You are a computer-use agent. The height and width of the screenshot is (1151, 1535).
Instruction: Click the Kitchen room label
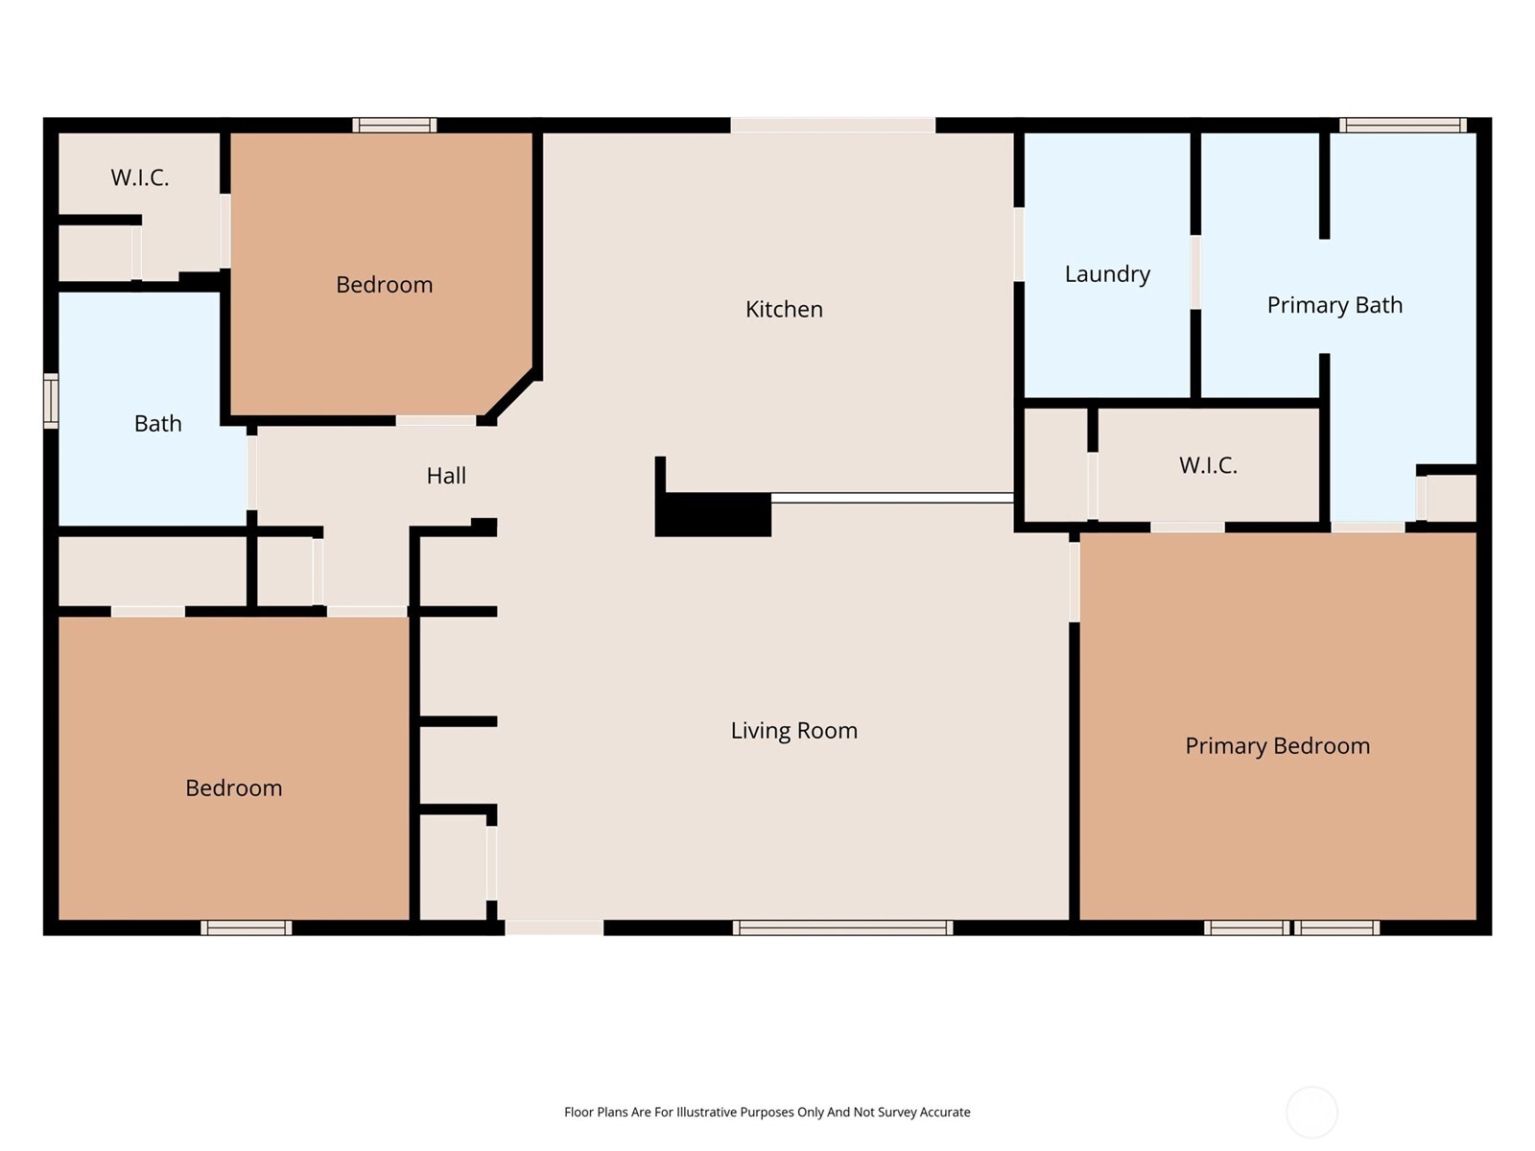(784, 309)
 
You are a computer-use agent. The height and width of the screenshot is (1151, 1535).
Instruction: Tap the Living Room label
(793, 730)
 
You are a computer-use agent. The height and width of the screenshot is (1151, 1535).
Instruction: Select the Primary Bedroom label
(1277, 745)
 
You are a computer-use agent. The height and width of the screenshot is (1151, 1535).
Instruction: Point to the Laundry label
(1107, 273)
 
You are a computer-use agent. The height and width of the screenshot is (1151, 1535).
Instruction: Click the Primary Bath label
(1334, 304)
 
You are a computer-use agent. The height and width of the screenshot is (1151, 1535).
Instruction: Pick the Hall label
(446, 475)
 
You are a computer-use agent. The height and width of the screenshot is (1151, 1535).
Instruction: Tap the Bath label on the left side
(157, 423)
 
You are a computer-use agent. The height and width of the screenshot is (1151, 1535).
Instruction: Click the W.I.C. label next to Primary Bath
(1208, 465)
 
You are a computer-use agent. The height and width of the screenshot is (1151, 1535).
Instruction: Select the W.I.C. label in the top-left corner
(140, 176)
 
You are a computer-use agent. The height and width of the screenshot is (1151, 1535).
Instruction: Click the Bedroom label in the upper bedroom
(384, 284)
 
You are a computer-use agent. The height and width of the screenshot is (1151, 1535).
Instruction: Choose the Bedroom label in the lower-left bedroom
(233, 787)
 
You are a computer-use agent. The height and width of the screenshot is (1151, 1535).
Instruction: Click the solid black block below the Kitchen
(714, 514)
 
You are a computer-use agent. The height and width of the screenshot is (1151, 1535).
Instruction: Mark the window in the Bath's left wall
(51, 401)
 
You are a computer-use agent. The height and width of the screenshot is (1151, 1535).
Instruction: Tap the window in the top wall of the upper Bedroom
(394, 125)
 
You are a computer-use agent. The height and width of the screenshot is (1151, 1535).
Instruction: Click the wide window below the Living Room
(842, 928)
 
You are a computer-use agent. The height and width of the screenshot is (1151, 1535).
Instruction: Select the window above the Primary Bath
(1403, 125)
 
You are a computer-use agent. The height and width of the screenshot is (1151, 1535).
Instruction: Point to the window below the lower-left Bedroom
(247, 928)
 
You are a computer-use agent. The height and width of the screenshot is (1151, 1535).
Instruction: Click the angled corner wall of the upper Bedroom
(509, 395)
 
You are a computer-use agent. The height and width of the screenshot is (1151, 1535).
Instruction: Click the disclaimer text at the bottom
(767, 1112)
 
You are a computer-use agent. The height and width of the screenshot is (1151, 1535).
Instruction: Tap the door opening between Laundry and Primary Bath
(1195, 272)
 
